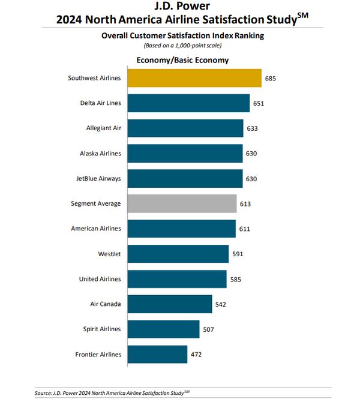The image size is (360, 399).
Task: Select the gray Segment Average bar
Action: pos(181,203)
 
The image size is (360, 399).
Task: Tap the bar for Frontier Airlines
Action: pos(157,354)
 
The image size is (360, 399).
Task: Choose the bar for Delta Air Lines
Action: pos(188,103)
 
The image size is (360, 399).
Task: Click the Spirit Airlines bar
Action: pos(163,329)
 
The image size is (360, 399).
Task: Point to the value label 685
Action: pos(271,78)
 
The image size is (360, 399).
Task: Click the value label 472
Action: pos(196,354)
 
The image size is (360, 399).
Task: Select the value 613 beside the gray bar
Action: pos(245,203)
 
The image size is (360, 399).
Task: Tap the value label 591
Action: pos(238,254)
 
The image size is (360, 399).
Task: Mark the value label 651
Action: pos(259,103)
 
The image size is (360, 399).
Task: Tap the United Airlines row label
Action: pos(100,279)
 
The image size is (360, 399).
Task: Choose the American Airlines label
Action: pos(96,229)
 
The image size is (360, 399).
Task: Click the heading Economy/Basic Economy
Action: pos(182,60)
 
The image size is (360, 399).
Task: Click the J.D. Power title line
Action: pos(182,7)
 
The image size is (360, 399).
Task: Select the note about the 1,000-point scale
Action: pos(182,46)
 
